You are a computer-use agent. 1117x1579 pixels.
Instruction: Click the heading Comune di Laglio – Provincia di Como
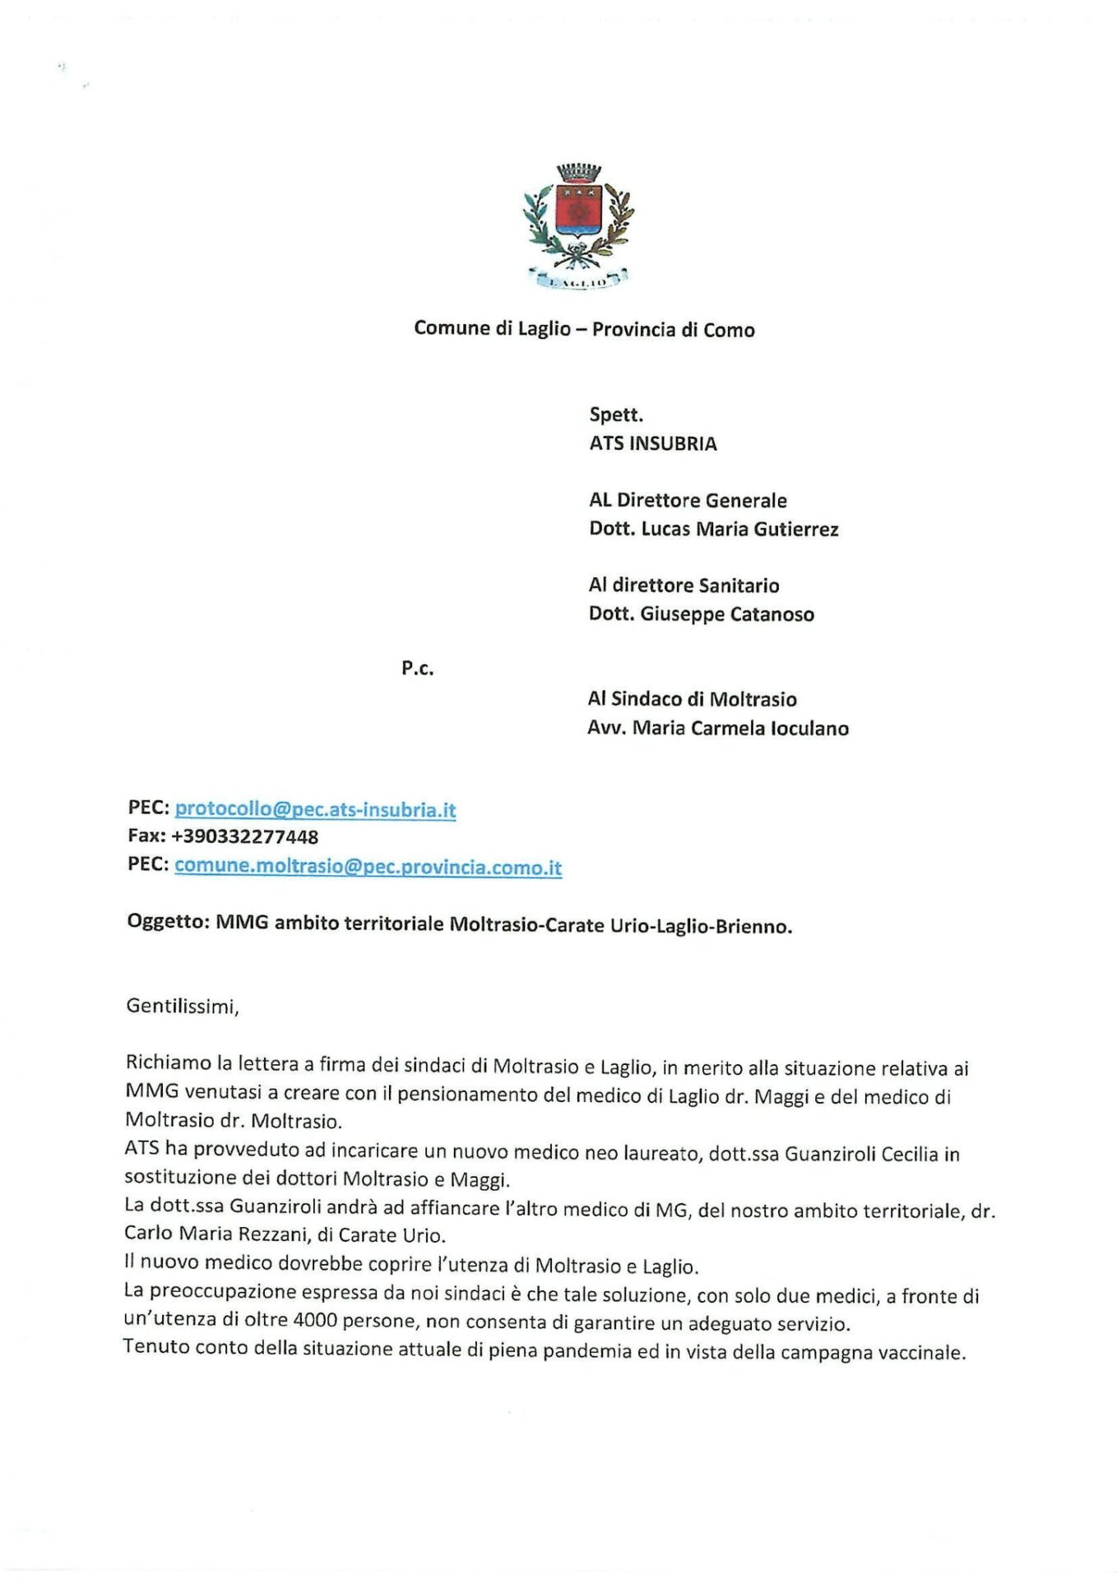click(584, 329)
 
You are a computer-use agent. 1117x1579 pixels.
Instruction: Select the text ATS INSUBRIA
click(653, 444)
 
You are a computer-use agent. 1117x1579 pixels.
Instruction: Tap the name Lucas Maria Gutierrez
click(739, 530)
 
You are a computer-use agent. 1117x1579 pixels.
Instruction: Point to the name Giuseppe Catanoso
click(727, 614)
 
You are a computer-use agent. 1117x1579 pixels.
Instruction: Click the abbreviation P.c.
click(418, 669)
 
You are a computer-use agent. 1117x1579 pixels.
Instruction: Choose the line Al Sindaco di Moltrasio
click(692, 700)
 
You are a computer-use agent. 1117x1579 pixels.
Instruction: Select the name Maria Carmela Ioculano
click(740, 729)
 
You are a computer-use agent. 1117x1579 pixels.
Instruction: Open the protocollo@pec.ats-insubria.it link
click(315, 809)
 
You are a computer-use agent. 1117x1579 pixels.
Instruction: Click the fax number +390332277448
click(244, 837)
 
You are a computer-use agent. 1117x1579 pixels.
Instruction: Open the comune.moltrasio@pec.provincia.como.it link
click(368, 867)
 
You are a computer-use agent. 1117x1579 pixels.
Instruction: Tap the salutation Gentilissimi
click(182, 1007)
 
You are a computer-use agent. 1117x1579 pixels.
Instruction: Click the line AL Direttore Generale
click(688, 501)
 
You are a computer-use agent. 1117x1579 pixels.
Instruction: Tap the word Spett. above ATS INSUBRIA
click(616, 415)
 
